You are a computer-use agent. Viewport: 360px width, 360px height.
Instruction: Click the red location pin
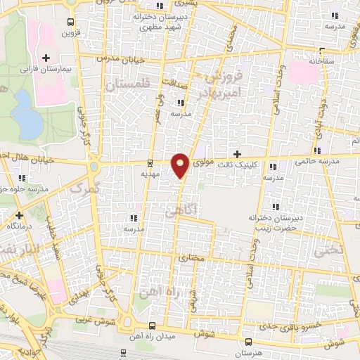[x=181, y=165]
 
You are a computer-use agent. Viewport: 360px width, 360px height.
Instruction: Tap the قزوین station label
[x=68, y=32]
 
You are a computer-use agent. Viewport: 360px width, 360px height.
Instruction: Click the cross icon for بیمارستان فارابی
[x=47, y=58]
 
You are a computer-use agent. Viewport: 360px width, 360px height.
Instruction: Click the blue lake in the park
[x=28, y=115]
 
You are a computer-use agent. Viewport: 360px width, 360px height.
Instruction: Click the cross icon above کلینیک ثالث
[x=237, y=153]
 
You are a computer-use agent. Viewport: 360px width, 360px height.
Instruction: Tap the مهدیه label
[x=150, y=172]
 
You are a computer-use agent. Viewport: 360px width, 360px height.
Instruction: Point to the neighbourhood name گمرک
[x=86, y=188]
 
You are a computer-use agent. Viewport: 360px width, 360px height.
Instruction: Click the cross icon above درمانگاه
[x=19, y=215]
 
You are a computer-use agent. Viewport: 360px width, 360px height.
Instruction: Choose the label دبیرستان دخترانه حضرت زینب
[x=276, y=222]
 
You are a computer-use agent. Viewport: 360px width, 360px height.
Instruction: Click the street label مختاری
[x=193, y=258]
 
